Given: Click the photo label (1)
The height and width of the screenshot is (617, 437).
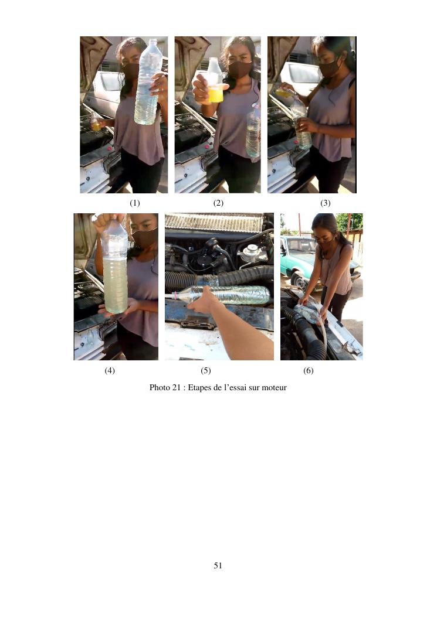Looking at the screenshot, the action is pos(135,203).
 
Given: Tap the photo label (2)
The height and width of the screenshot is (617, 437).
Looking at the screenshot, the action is pos(218,203).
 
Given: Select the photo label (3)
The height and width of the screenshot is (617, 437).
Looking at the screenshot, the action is pos(325,203).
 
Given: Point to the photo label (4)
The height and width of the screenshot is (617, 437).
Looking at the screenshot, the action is pos(110,371).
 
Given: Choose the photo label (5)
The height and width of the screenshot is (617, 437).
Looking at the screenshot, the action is pos(206,371).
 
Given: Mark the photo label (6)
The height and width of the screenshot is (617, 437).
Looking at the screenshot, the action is pos(308,371).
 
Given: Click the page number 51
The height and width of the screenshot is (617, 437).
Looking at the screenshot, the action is pos(218,565).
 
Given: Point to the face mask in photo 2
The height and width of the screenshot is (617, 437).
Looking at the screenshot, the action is pos(239,69).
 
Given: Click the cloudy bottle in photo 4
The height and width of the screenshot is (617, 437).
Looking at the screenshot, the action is pos(114,267).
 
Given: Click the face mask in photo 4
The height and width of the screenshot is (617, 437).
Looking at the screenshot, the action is pos(145,238).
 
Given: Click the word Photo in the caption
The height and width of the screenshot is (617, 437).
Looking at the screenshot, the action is pos(160,387).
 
